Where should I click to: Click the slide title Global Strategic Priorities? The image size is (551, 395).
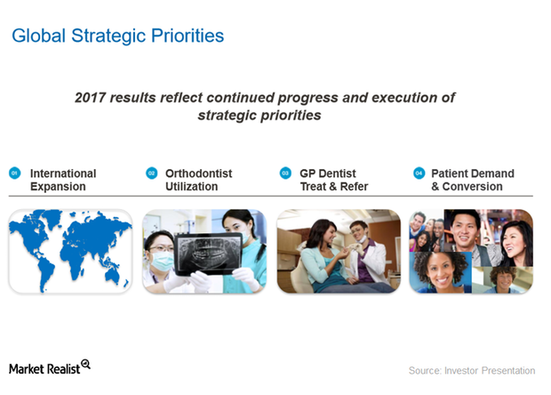point(116,36)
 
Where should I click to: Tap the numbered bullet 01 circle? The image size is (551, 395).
point(14,173)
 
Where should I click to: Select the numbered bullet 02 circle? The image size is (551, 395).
point(151,173)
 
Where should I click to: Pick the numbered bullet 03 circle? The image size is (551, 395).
point(285,173)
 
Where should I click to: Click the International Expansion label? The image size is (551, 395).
point(62,180)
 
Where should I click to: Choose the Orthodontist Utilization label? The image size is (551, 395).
point(198,180)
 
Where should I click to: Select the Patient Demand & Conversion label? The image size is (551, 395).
point(472,180)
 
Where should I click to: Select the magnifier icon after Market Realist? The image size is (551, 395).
point(85,365)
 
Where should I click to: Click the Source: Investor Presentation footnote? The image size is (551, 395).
point(472,370)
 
